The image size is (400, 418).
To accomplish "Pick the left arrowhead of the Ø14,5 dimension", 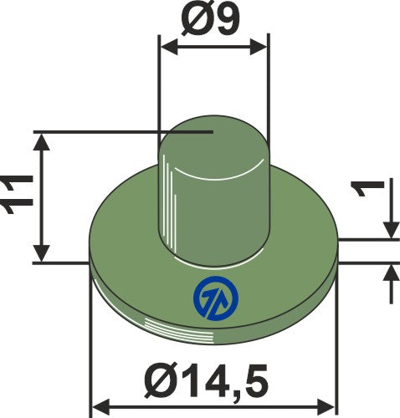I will (98, 407).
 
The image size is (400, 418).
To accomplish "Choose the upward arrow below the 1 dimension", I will (390, 273).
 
